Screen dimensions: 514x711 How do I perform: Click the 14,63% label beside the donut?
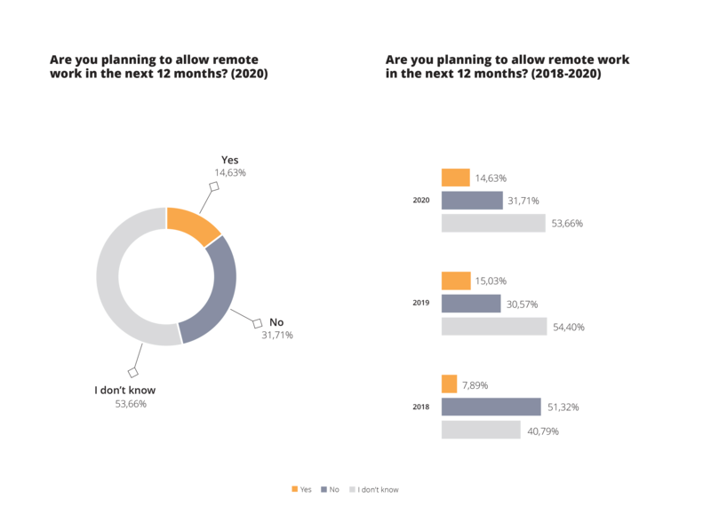[x=229, y=173]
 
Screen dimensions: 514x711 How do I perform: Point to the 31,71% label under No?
[x=276, y=336]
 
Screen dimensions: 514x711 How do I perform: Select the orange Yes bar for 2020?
[x=456, y=178]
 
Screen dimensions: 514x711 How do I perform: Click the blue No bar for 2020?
[x=472, y=201]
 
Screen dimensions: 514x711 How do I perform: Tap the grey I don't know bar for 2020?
[x=493, y=223]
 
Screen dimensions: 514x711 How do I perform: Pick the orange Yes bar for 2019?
[x=456, y=281]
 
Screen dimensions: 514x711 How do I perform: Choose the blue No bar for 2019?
[x=471, y=304]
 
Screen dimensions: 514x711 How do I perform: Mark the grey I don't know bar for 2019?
[x=494, y=327]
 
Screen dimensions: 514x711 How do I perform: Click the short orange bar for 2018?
[x=450, y=384]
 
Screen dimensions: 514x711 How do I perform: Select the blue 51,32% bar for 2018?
[x=491, y=407]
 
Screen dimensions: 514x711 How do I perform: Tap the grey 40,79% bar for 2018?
[x=481, y=430]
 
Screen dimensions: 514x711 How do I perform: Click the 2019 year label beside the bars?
[x=420, y=304]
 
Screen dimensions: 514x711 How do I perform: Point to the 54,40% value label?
[x=568, y=328]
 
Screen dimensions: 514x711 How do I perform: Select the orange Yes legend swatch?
[x=294, y=489]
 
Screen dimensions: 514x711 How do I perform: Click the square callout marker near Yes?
[x=213, y=186]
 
